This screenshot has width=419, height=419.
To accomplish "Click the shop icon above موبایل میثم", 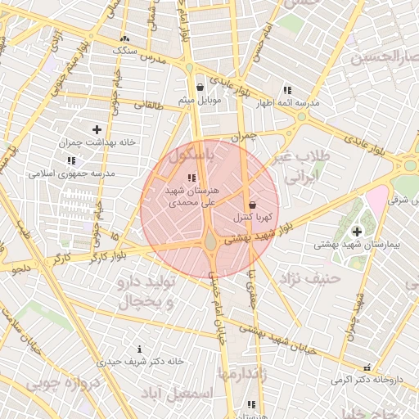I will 200,88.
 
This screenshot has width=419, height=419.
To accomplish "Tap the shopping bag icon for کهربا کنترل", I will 251,204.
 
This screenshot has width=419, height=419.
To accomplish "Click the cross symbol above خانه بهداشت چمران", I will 97,129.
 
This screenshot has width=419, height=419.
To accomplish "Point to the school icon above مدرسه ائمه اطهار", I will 286,90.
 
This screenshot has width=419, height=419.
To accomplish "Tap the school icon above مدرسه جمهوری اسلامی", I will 72,160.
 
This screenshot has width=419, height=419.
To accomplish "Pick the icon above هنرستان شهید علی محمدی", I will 191,178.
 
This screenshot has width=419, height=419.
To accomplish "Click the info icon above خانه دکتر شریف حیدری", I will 140,349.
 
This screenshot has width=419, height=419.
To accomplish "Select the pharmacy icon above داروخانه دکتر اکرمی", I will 367,368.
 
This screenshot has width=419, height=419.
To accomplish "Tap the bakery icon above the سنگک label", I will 124,38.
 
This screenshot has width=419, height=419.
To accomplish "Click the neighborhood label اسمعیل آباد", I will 177,394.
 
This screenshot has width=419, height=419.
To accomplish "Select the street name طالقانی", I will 150,104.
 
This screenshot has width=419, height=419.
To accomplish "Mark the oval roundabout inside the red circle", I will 211,241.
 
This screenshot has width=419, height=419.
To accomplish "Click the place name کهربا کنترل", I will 252,218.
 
